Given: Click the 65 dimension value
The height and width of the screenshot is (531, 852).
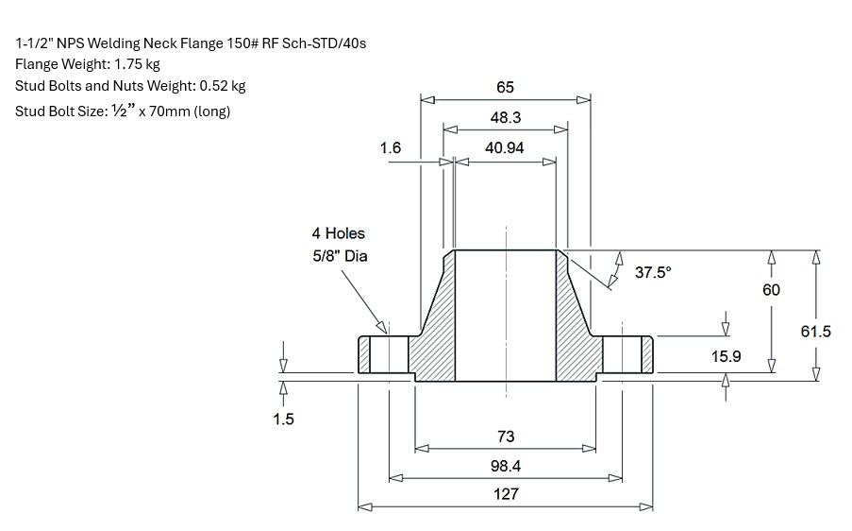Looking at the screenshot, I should pos(505,87).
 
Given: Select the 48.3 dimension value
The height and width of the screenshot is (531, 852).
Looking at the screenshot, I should pos(505,118).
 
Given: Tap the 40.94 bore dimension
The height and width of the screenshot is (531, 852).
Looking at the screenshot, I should pos(505,148).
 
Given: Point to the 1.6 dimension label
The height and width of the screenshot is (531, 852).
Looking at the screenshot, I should pos(391,148).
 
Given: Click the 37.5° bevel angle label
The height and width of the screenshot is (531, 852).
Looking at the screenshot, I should pos(654,272).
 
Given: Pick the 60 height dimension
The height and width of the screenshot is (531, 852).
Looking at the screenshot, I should pos(771,290).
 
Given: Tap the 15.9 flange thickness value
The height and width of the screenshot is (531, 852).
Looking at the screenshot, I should pos(726,356).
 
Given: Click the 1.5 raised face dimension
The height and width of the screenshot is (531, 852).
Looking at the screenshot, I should pos(283,420).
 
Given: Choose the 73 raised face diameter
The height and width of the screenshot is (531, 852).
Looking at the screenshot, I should pos(505,437).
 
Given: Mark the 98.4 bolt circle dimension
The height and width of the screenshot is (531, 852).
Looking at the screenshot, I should pos(505,466).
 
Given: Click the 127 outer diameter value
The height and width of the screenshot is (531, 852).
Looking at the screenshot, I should pos(505,494).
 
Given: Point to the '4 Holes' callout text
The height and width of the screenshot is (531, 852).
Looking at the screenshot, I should pos(338,233).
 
